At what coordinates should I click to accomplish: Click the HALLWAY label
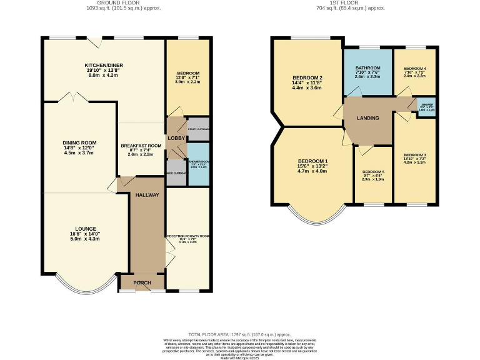[x=147, y=195]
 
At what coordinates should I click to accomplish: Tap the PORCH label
[x=143, y=283]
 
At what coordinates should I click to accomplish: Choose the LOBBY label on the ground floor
[x=174, y=137]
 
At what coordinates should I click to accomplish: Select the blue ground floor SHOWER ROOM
[x=199, y=164]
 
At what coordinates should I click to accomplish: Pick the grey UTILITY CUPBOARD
[x=199, y=129]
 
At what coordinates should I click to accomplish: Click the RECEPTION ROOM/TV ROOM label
[x=187, y=236]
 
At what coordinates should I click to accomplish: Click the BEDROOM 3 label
[x=415, y=154]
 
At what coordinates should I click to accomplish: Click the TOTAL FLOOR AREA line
[x=241, y=334]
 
